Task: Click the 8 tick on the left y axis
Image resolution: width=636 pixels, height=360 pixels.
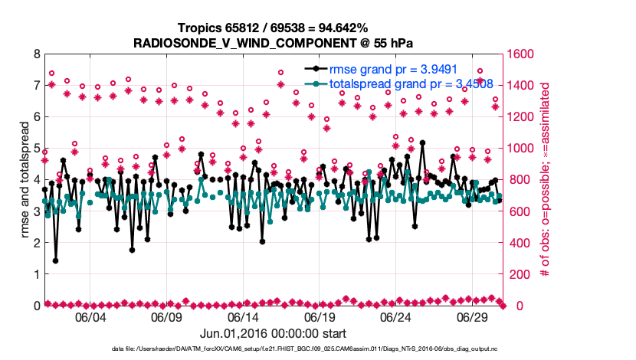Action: [x=35, y=54]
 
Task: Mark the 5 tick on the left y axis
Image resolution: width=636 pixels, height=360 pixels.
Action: [x=35, y=149]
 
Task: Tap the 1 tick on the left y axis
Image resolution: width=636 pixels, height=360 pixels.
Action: [x=35, y=274]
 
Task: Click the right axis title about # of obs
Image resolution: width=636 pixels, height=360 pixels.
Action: [x=545, y=180]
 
